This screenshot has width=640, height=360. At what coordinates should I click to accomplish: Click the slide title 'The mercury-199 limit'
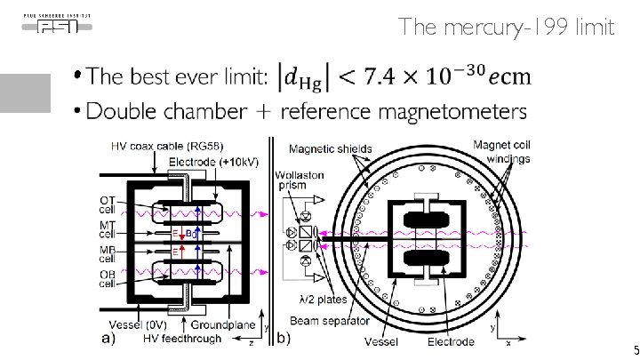(506, 27)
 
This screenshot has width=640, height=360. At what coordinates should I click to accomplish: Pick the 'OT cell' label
(108, 205)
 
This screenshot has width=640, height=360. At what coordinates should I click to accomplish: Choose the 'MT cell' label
(108, 229)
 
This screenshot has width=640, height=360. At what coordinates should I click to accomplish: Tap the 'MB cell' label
(108, 253)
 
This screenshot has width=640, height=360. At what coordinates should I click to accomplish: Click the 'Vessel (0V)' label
(134, 326)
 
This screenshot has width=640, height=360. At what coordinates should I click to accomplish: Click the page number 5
(633, 350)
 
